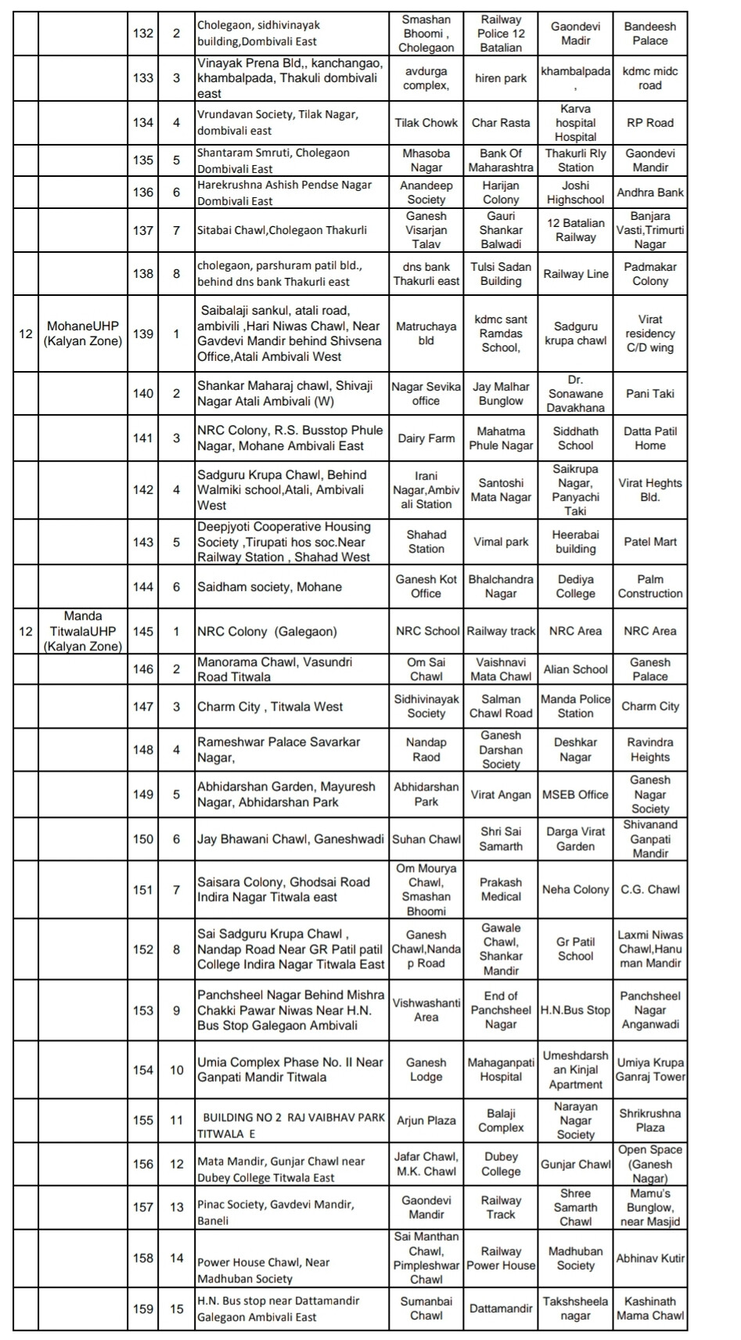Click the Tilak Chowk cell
[x=426, y=123]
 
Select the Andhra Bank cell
[x=649, y=193]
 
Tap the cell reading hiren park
[x=501, y=78]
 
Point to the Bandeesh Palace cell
[x=649, y=34]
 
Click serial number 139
[x=143, y=334]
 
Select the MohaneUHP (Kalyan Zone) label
[x=83, y=333]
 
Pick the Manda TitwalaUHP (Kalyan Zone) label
[x=83, y=632]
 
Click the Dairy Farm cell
[x=426, y=438]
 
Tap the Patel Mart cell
[x=649, y=542]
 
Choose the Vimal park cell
[x=501, y=542]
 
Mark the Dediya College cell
[x=575, y=586]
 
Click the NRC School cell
[x=427, y=631]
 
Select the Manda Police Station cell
[x=575, y=706]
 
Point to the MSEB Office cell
[x=575, y=794]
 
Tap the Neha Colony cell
[x=575, y=890]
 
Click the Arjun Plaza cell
[x=426, y=1121]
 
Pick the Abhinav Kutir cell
[x=649, y=1259]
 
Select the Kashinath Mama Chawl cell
[x=649, y=1309]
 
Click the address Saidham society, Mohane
[x=269, y=587]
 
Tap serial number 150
[x=143, y=839]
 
